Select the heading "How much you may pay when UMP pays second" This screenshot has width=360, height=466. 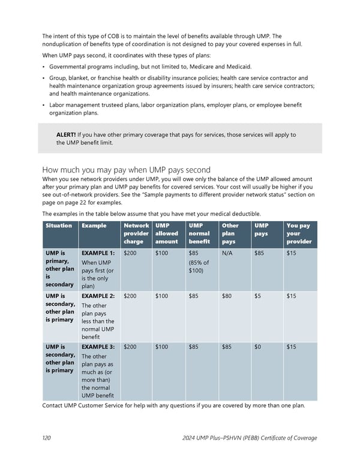point(126,169)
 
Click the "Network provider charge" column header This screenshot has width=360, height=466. point(136,234)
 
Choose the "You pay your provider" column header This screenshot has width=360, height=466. point(298,234)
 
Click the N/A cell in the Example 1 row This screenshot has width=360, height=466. point(227,253)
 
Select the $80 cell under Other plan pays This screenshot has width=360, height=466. point(227,296)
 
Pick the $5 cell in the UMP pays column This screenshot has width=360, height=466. point(257,296)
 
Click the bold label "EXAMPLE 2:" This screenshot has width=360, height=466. point(98,296)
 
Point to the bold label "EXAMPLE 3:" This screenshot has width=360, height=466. point(98,347)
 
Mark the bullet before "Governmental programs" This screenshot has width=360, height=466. point(44,67)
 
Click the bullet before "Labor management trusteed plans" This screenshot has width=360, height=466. point(44,105)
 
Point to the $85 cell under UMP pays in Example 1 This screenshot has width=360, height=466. point(259,253)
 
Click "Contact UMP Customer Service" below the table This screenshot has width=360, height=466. point(88,405)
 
